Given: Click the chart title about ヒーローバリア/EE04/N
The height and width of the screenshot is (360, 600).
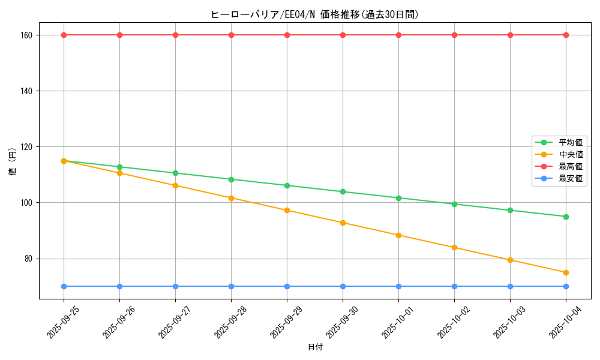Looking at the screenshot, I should tap(314, 14).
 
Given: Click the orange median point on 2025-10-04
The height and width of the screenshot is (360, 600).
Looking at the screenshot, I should tap(566, 272).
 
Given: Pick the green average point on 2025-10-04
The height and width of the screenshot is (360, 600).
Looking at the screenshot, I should tap(566, 217).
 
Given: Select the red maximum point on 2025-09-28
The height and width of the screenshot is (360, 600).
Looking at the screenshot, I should tap(231, 35).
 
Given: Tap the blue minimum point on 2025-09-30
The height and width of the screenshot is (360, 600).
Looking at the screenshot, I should tap(343, 286).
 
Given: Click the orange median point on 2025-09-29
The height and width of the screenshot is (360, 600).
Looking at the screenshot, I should tap(287, 210).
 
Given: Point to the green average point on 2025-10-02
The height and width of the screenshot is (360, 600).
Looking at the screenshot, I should tap(454, 204).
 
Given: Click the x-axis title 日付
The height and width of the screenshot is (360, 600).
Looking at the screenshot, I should tap(315, 347).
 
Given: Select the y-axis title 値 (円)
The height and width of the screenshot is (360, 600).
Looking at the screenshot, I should tap(13, 162).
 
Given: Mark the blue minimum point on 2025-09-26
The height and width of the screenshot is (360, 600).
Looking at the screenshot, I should tap(119, 286).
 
